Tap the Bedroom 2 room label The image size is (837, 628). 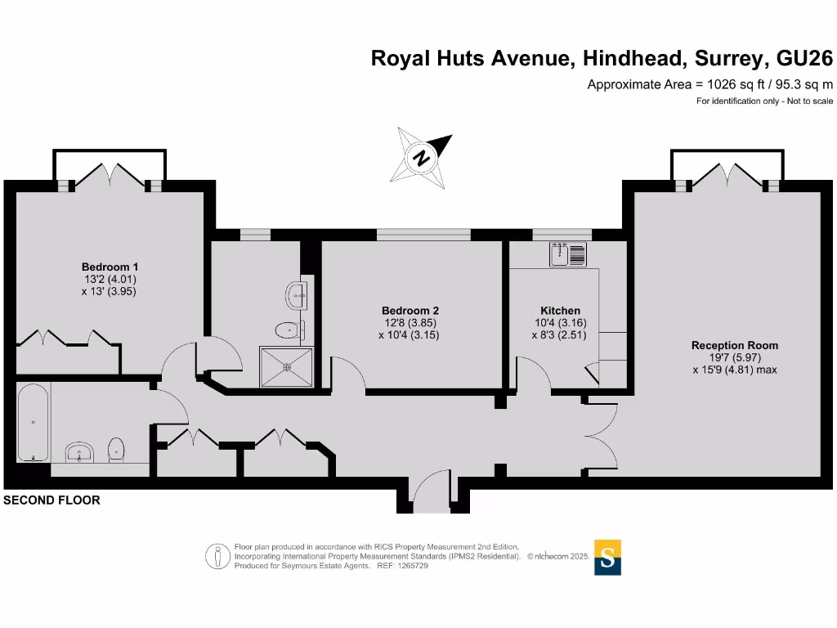410,311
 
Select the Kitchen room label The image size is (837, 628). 560,311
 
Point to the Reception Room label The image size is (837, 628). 734,345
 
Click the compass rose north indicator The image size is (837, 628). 423,157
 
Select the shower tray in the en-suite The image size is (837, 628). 286,366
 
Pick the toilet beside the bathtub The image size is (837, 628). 116,449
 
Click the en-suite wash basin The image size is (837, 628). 297,294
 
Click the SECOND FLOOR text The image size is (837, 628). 52,500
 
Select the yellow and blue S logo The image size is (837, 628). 607,558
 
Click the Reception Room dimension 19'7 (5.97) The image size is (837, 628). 734,357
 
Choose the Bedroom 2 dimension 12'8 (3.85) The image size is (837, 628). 410,322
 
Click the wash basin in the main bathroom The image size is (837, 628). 82,451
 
